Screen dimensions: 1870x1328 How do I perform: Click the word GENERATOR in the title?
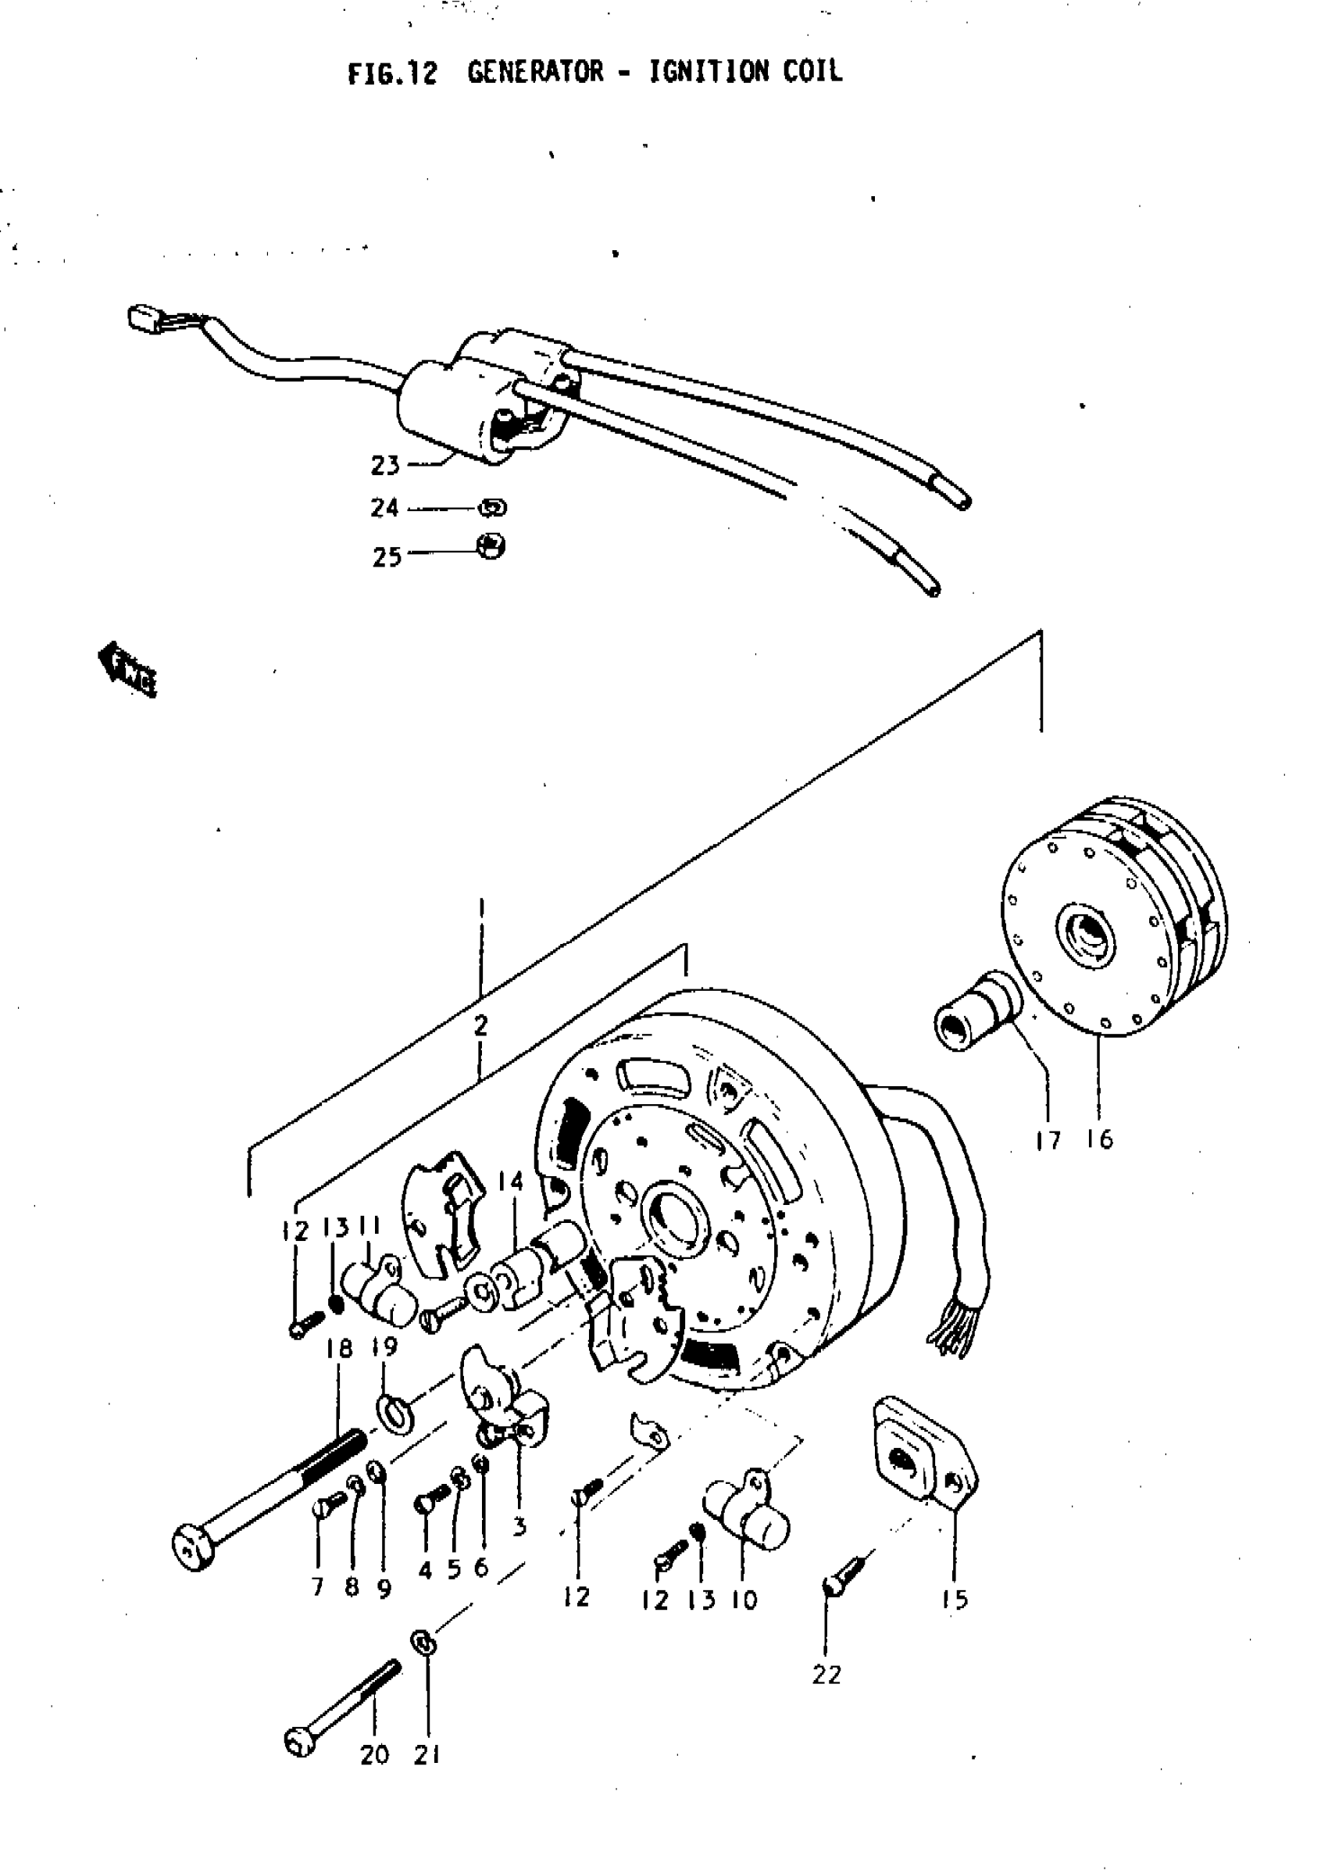click(536, 72)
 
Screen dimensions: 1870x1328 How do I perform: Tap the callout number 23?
click(385, 466)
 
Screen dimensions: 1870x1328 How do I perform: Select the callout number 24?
click(384, 508)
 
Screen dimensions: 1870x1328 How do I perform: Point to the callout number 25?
click(387, 557)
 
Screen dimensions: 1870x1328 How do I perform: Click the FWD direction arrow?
click(127, 670)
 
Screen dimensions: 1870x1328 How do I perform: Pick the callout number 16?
click(1101, 1139)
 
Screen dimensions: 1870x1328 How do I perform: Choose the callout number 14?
click(509, 1182)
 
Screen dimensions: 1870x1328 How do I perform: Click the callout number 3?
click(519, 1525)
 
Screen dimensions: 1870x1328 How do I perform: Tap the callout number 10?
click(744, 1600)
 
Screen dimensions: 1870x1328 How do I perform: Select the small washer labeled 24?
click(492, 508)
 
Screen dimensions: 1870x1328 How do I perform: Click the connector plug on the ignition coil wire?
click(142, 316)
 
